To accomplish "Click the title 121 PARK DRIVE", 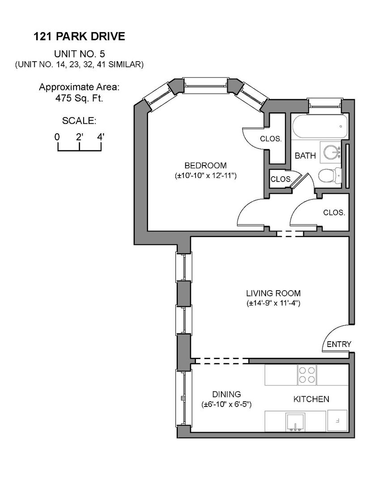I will (80, 37).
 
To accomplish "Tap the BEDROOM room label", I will (205, 165).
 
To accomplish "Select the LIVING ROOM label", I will (273, 293).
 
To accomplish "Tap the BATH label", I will (305, 156).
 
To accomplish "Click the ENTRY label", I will (339, 344).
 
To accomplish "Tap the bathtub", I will (318, 127).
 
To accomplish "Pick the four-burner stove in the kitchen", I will (306, 375).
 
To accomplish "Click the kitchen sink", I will (294, 421).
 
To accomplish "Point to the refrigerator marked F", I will (338, 421).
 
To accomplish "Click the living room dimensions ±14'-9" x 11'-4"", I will (273, 304).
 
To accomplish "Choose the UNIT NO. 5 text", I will (79, 54).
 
